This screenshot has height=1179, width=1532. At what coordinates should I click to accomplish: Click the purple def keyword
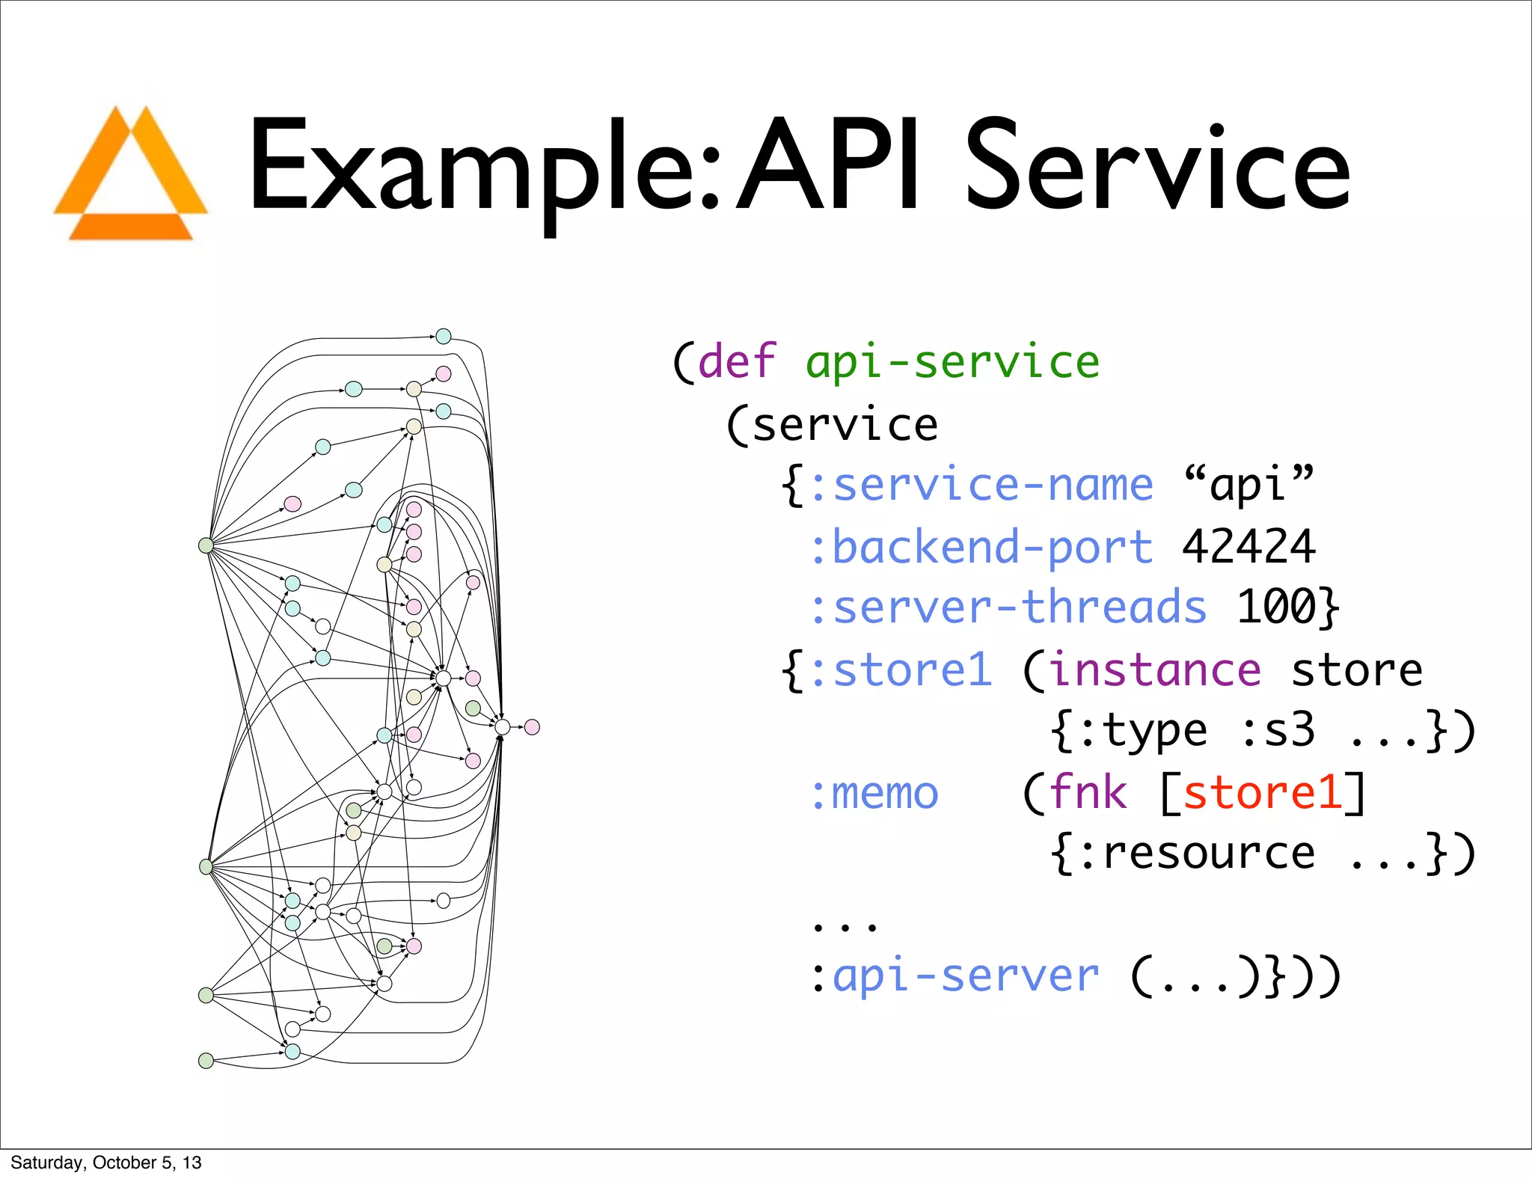tap(737, 362)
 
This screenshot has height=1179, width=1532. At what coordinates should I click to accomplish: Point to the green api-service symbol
tap(952, 362)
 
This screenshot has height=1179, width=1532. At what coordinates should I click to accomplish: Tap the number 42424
tap(1248, 546)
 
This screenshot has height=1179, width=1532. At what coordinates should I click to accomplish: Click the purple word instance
tap(1156, 670)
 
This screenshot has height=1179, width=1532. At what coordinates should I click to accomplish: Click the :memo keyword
tap(874, 793)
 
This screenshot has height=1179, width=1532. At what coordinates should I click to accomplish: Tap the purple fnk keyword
tap(1088, 792)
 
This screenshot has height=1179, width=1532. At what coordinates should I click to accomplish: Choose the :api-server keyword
tap(955, 976)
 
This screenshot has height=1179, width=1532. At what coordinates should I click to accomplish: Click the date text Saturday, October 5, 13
tap(106, 1162)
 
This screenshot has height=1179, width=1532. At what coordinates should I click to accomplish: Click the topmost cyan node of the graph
tap(444, 337)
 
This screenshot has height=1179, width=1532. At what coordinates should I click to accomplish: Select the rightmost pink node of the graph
tap(532, 727)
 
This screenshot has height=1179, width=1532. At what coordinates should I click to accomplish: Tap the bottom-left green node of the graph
tap(206, 1060)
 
